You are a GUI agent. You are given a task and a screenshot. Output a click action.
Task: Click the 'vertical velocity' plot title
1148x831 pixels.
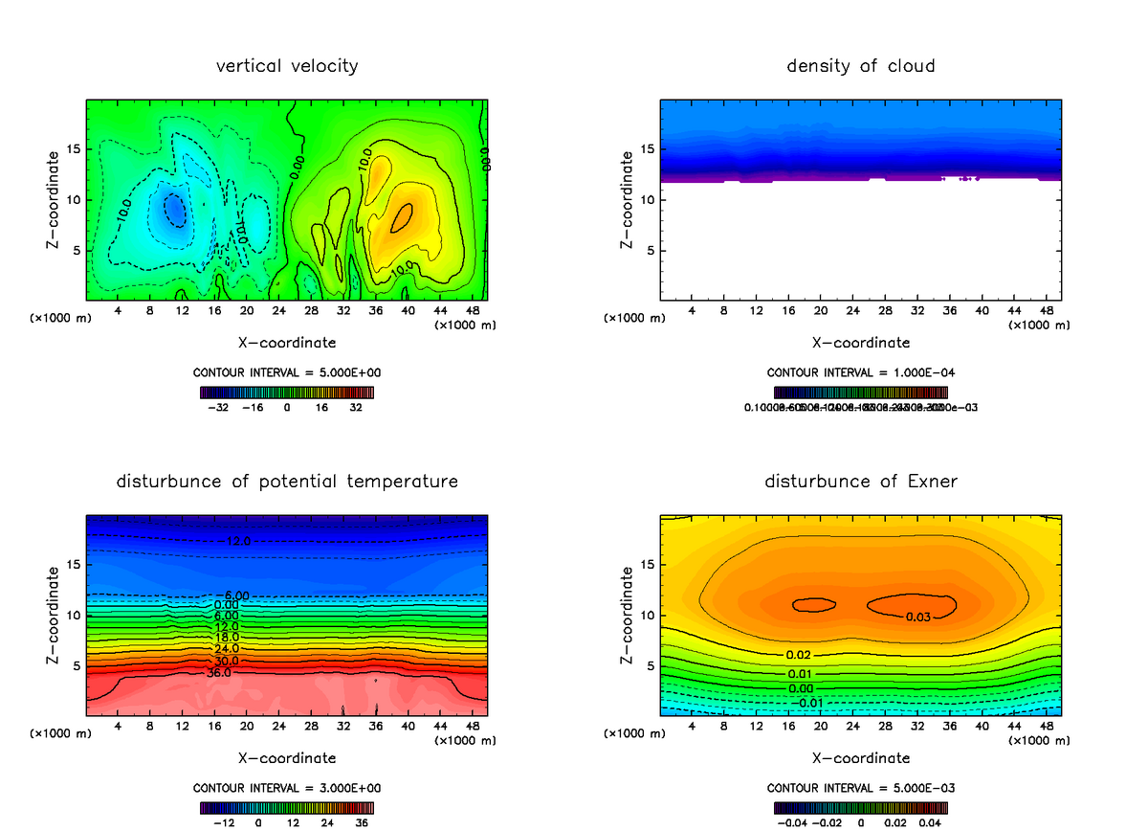[x=287, y=66]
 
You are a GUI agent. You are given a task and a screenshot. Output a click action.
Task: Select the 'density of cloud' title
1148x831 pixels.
[x=861, y=66]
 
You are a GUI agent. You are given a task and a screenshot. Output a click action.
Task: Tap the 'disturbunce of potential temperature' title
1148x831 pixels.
[x=287, y=481]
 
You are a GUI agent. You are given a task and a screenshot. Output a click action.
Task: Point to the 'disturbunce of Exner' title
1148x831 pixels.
[x=861, y=481]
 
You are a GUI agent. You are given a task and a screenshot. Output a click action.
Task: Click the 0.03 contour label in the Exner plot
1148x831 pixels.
[x=918, y=617]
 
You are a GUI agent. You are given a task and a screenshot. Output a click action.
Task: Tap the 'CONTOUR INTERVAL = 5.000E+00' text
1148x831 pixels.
[x=287, y=372]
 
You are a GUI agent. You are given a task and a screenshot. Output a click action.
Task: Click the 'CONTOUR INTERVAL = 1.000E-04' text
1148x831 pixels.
[x=861, y=372]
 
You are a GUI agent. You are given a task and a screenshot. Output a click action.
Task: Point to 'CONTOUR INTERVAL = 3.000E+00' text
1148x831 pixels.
[x=287, y=788]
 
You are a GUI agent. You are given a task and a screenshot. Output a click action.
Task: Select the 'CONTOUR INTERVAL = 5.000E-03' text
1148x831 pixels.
[x=861, y=788]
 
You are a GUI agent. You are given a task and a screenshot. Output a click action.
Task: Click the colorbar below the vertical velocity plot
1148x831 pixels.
[x=287, y=392]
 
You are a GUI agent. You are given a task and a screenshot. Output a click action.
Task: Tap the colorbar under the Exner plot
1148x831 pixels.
[x=861, y=807]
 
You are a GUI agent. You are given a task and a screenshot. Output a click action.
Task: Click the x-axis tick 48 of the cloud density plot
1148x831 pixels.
[x=1046, y=311]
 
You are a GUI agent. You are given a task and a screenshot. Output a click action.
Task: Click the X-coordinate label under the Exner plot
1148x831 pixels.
[x=861, y=757]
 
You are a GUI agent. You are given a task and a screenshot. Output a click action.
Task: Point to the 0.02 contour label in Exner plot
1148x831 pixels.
[x=799, y=654]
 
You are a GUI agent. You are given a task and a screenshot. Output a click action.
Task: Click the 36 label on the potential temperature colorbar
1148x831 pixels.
[x=362, y=821]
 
